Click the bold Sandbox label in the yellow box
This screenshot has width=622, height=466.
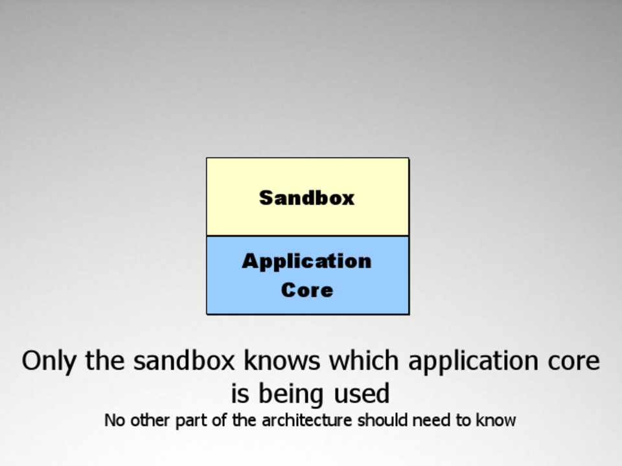pyautogui.click(x=306, y=197)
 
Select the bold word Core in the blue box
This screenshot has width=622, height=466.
pyautogui.click(x=307, y=290)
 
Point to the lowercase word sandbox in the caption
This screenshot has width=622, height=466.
pyautogui.click(x=184, y=361)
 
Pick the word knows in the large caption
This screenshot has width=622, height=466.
pyautogui.click(x=282, y=361)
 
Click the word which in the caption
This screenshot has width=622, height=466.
pyautogui.click(x=363, y=361)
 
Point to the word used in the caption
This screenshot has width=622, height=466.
pyautogui.click(x=362, y=394)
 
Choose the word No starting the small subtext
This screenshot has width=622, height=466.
pyautogui.click(x=115, y=421)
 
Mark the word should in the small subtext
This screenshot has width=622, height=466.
pyautogui.click(x=382, y=420)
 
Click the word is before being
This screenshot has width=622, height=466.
pyautogui.click(x=240, y=394)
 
